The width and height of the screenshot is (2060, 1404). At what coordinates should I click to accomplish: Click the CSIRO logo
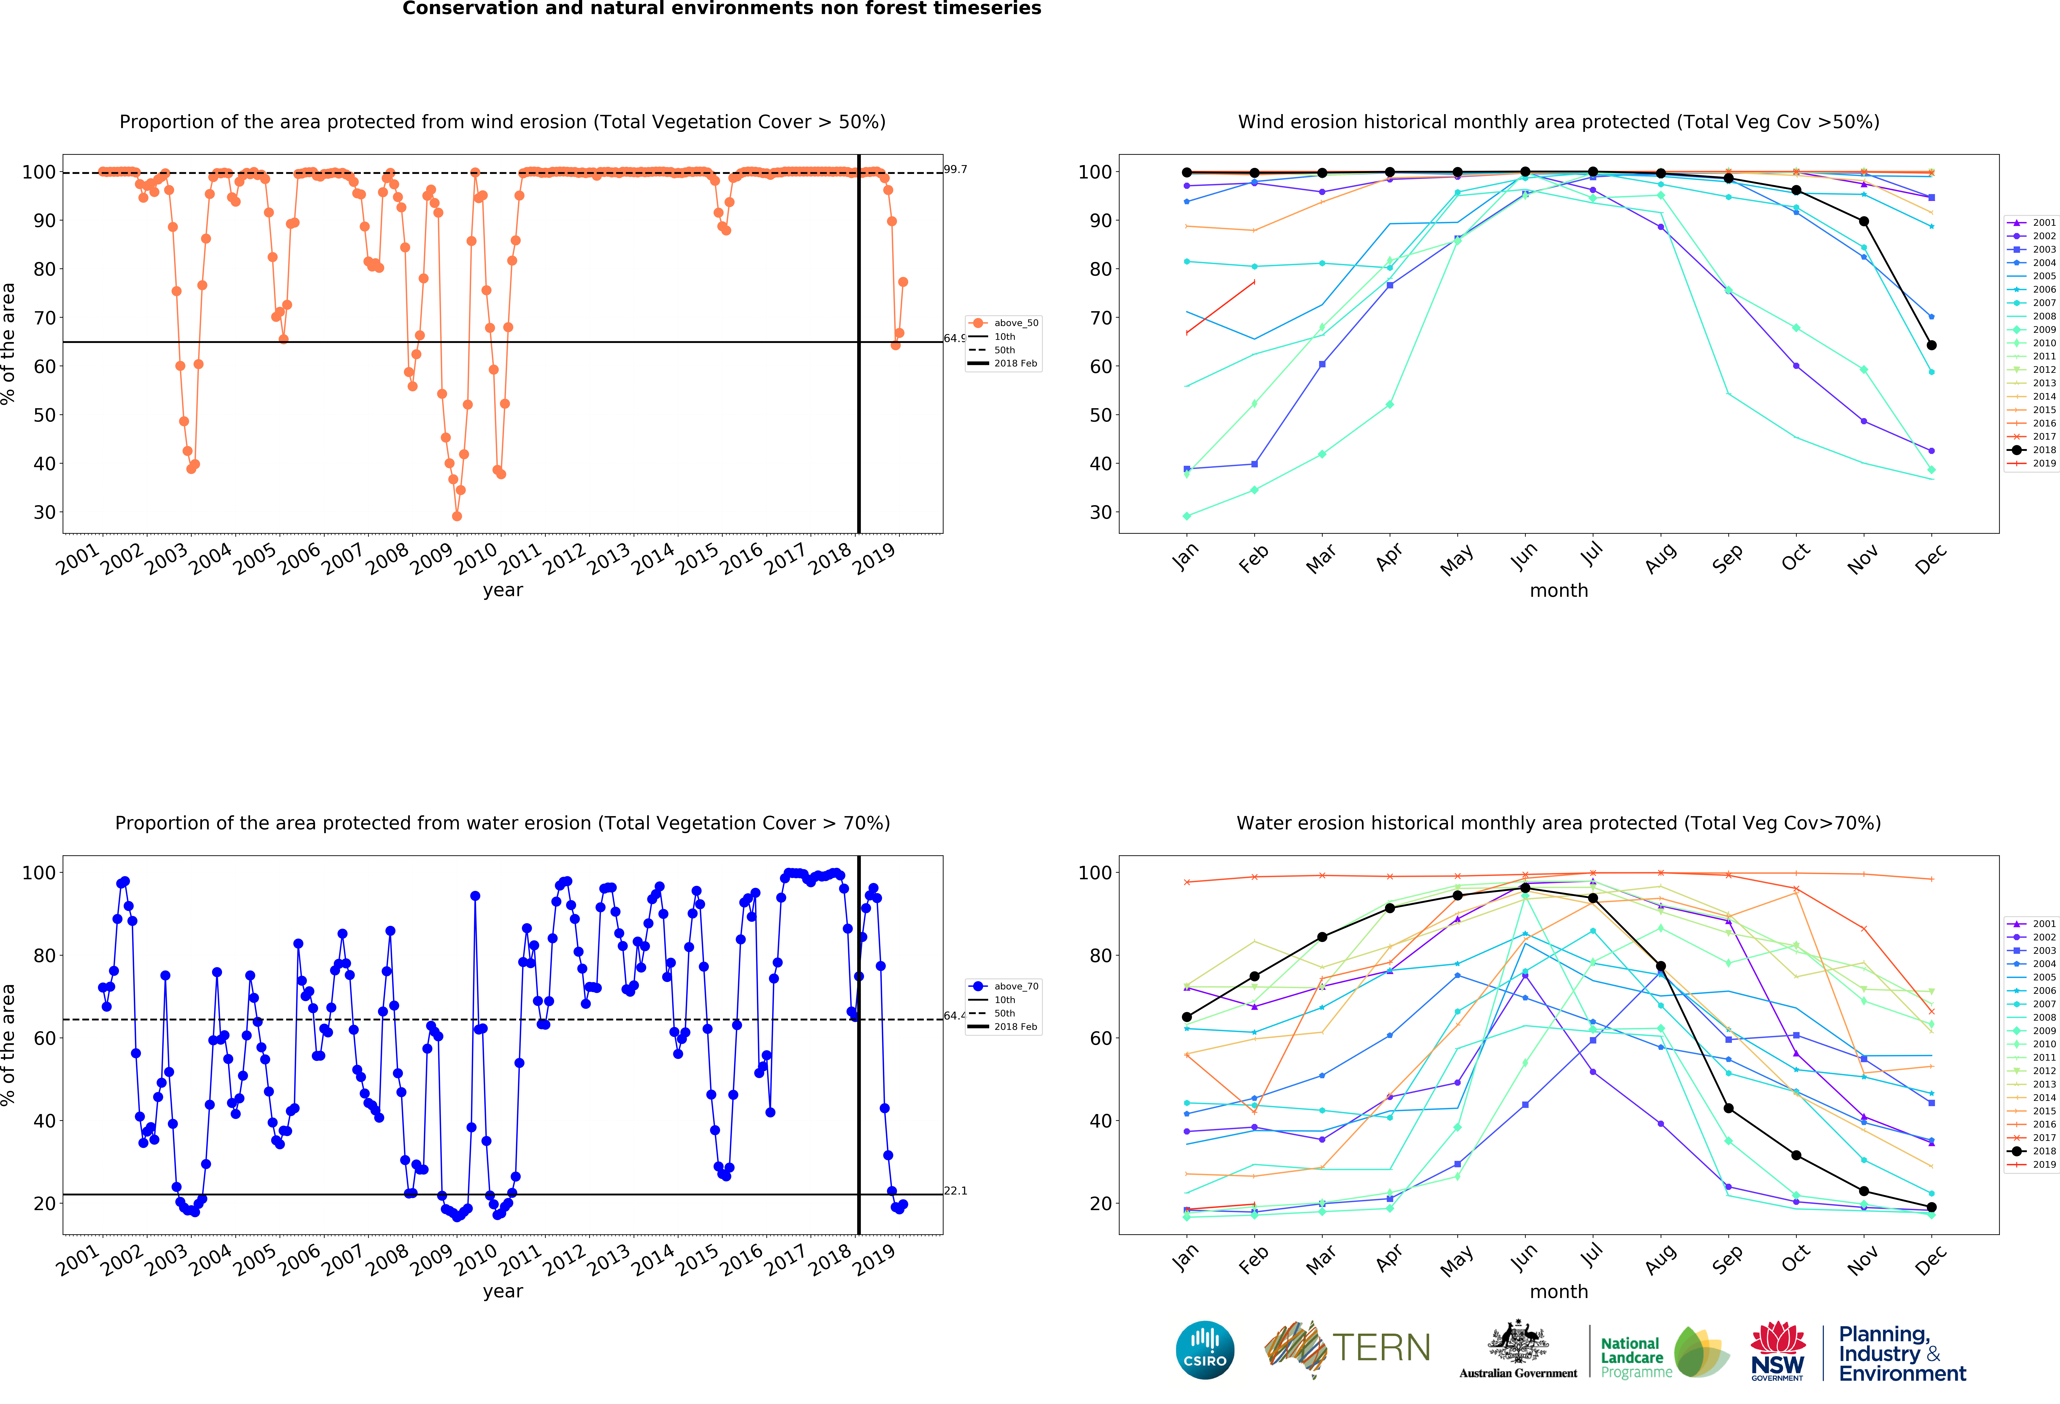click(x=1205, y=1350)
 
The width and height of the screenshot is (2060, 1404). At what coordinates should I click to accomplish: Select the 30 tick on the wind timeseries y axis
click(x=44, y=512)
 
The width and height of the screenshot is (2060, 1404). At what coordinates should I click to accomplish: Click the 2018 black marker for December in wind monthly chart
click(x=1931, y=345)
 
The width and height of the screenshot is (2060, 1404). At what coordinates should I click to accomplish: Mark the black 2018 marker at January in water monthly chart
click(x=1187, y=1017)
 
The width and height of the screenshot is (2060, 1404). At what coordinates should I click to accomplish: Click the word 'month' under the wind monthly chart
click(x=1558, y=590)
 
